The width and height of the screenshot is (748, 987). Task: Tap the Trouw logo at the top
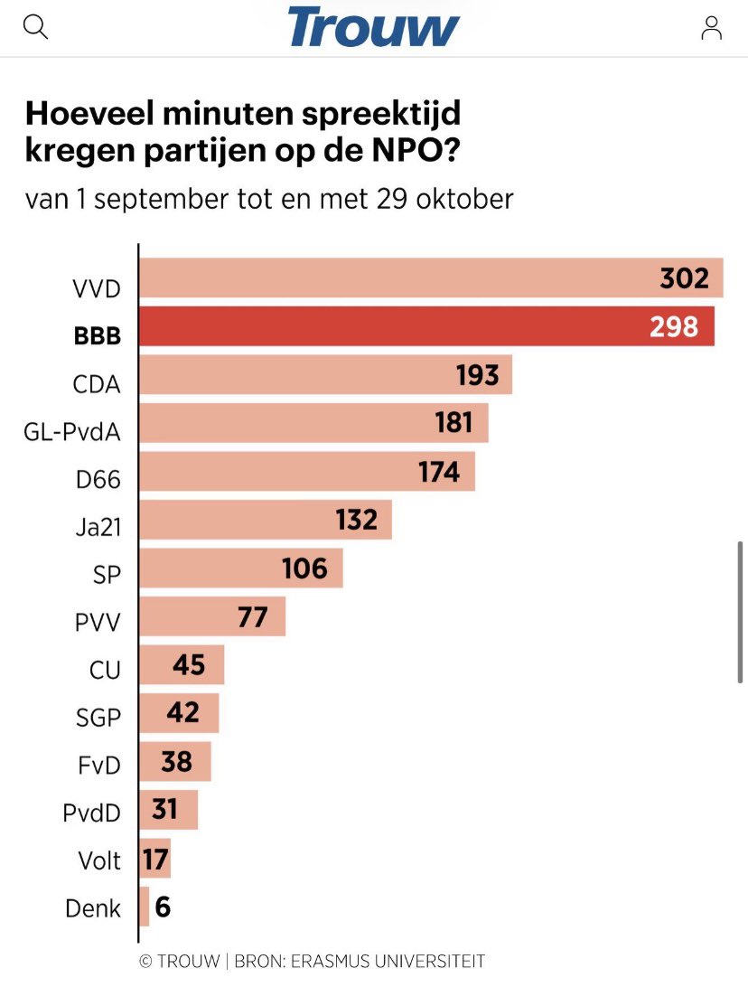pyautogui.click(x=374, y=27)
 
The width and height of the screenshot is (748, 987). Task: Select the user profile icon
pyautogui.click(x=711, y=28)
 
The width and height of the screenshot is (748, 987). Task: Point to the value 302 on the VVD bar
pyautogui.click(x=684, y=278)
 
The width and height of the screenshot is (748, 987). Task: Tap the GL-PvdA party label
pyautogui.click(x=72, y=432)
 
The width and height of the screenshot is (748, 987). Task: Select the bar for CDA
pyautogui.click(x=325, y=374)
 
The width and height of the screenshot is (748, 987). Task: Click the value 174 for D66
pyautogui.click(x=439, y=471)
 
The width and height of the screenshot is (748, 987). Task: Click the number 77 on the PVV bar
pyautogui.click(x=252, y=616)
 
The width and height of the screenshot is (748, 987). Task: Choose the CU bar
pyautogui.click(x=182, y=665)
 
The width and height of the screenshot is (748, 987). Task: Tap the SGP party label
pyautogui.click(x=98, y=719)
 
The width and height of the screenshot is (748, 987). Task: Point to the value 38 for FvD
pyautogui.click(x=176, y=762)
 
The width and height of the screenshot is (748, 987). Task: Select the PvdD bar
pyautogui.click(x=169, y=810)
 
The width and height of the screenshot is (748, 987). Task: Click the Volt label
pyautogui.click(x=98, y=860)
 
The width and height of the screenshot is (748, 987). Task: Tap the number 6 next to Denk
pyautogui.click(x=163, y=907)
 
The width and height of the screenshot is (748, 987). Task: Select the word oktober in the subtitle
pyautogui.click(x=464, y=198)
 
